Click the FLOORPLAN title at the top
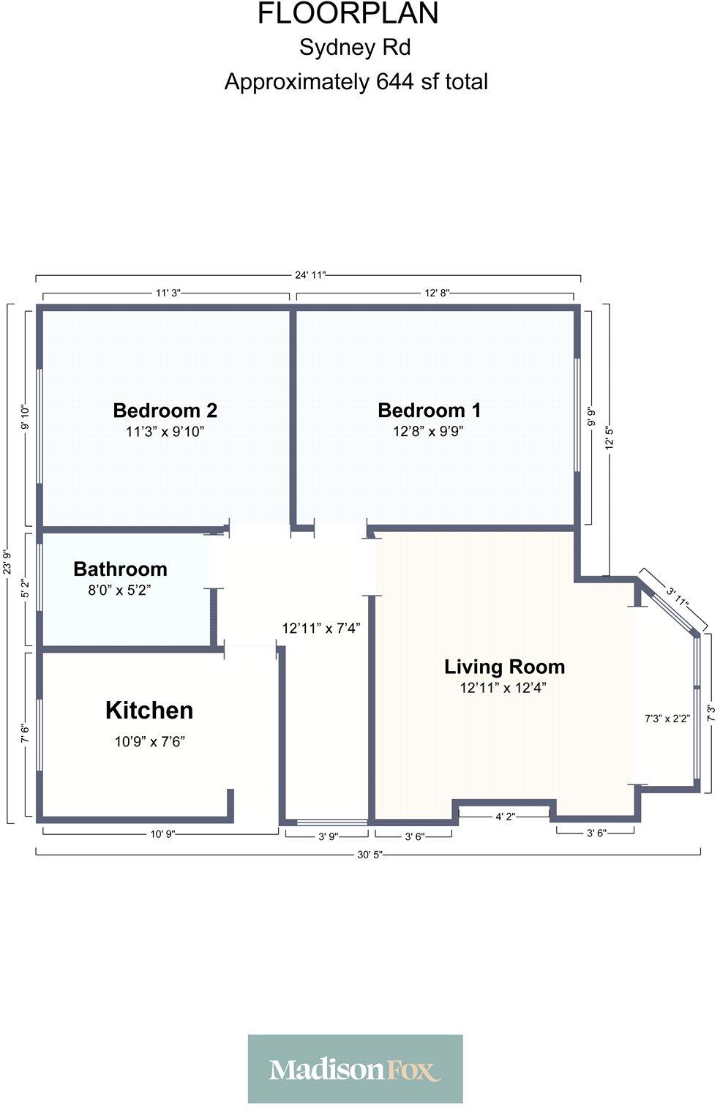348,14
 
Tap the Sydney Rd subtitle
355,48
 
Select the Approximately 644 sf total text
356,81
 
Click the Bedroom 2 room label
165,410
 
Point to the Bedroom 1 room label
429,410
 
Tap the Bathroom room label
120,569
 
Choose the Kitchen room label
149,710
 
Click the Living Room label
504,667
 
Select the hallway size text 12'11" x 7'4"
321,628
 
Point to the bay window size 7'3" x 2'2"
667,719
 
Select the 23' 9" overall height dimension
7,563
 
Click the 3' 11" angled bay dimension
678,597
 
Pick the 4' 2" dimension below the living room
505,817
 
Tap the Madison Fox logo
355,1069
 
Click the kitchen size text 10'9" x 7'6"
149,741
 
